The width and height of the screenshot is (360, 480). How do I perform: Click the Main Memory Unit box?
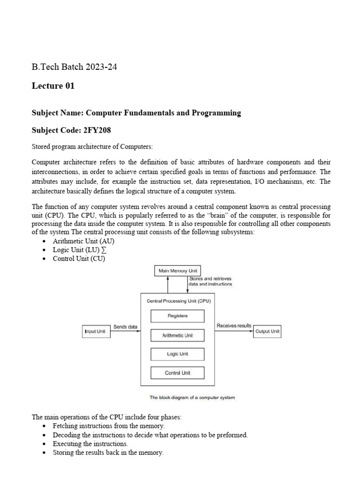177,270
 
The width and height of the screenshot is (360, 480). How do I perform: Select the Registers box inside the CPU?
177,316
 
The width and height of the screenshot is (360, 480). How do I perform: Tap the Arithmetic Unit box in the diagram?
177,336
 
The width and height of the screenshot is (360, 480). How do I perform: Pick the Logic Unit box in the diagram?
177,354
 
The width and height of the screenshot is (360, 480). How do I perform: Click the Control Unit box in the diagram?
177,373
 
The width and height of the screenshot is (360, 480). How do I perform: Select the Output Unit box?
267,331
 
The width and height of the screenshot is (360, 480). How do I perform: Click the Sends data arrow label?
126,327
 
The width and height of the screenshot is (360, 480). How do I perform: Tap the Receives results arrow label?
234,325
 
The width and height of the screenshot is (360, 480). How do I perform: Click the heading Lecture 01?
53,86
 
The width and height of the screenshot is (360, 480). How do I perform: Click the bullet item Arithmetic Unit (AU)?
83,241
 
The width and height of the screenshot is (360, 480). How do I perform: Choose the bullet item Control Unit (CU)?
79,259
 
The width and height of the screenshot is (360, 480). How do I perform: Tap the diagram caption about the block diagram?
192,397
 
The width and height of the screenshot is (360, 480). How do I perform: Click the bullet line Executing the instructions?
90,443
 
